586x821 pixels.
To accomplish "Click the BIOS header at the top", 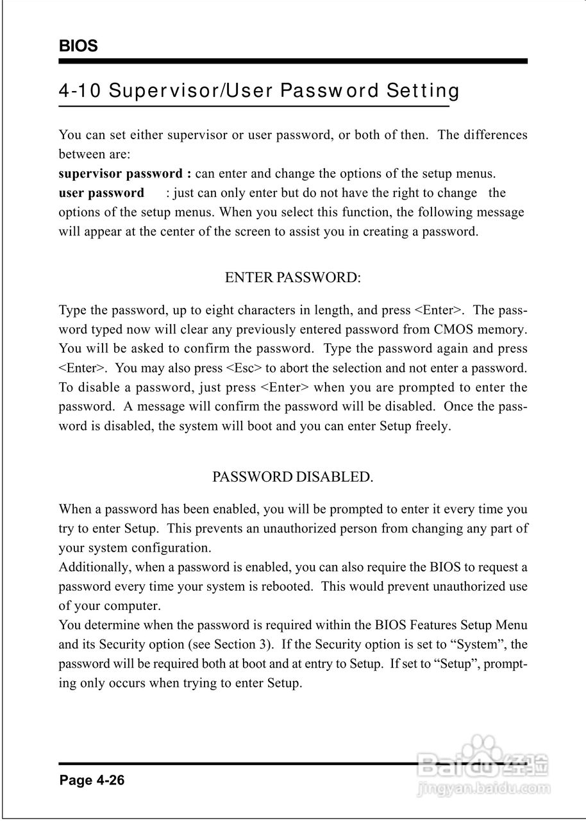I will point(78,46).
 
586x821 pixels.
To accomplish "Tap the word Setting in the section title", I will point(423,91).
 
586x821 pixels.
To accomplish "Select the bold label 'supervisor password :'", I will point(125,174).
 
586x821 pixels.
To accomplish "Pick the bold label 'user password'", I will point(101,193).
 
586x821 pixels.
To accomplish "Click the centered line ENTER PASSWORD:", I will point(293,278).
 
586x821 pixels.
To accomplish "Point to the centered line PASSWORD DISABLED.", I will point(293,477).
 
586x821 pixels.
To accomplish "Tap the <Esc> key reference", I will point(244,368).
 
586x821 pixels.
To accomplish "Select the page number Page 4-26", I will point(92,781).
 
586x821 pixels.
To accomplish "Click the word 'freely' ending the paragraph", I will point(433,426).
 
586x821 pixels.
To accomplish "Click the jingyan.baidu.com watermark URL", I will point(484,789).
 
